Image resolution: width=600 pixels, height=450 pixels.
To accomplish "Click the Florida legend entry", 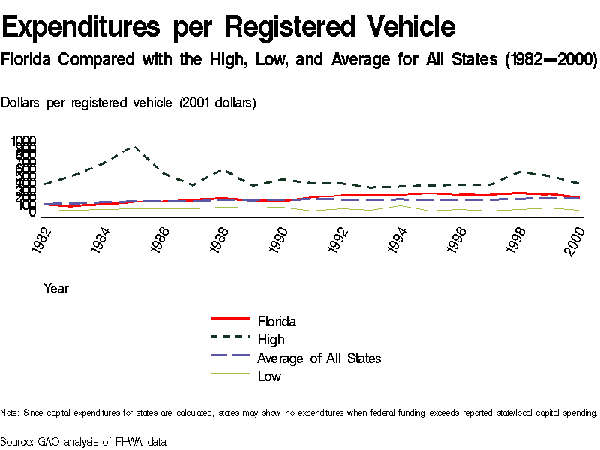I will pos(277,322).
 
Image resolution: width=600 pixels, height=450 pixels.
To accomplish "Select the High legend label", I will pos(271,340).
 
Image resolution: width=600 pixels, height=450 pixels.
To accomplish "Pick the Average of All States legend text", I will pos(319,358).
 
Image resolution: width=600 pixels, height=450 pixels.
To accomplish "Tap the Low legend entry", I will pos(269,376).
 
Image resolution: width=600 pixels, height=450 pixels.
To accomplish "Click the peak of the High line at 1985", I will pos(135,147).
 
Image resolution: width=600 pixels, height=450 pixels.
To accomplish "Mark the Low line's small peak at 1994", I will pos(400,205).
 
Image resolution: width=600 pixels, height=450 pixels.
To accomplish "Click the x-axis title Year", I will pos(56,288).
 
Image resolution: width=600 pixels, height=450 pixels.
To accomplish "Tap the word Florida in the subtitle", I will pos(27,59).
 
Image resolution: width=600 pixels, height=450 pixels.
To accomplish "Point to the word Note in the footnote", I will pos(9,412).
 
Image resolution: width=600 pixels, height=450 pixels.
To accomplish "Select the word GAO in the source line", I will pos(49,442).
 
